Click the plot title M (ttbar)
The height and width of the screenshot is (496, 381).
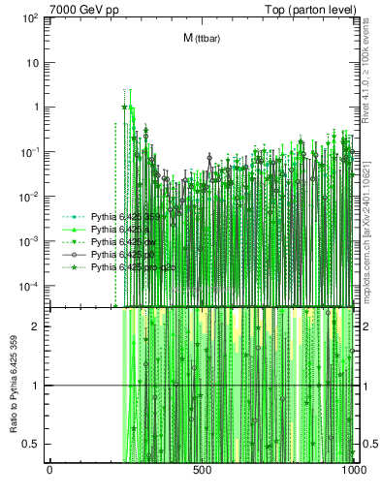pyautogui.click(x=200, y=38)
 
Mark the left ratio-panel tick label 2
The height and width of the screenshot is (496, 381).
pyautogui.click(x=38, y=325)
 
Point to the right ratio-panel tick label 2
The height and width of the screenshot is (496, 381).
pyautogui.click(x=364, y=325)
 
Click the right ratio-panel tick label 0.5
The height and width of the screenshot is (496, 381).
pyautogui.click(x=368, y=444)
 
